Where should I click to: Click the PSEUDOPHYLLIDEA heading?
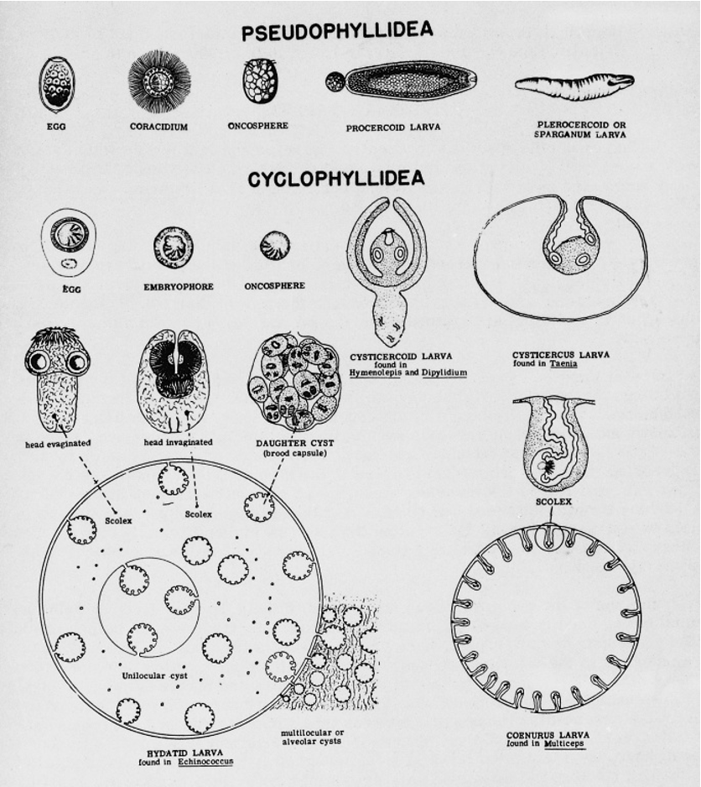pyautogui.click(x=337, y=31)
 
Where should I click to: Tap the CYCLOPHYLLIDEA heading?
pyautogui.click(x=336, y=179)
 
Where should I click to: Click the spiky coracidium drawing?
pyautogui.click(x=158, y=82)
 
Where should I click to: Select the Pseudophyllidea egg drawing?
pyautogui.click(x=56, y=84)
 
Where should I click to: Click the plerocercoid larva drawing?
pyautogui.click(x=574, y=86)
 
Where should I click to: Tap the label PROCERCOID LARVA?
pyautogui.click(x=392, y=128)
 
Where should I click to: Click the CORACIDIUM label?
pyautogui.click(x=158, y=127)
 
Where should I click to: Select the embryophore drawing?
pyautogui.click(x=174, y=248)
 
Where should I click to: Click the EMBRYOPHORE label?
pyautogui.click(x=179, y=286)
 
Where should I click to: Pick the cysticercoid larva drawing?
pyautogui.click(x=387, y=268)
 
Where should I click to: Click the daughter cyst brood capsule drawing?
pyautogui.click(x=293, y=383)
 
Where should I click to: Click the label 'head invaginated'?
pyautogui.click(x=179, y=441)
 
